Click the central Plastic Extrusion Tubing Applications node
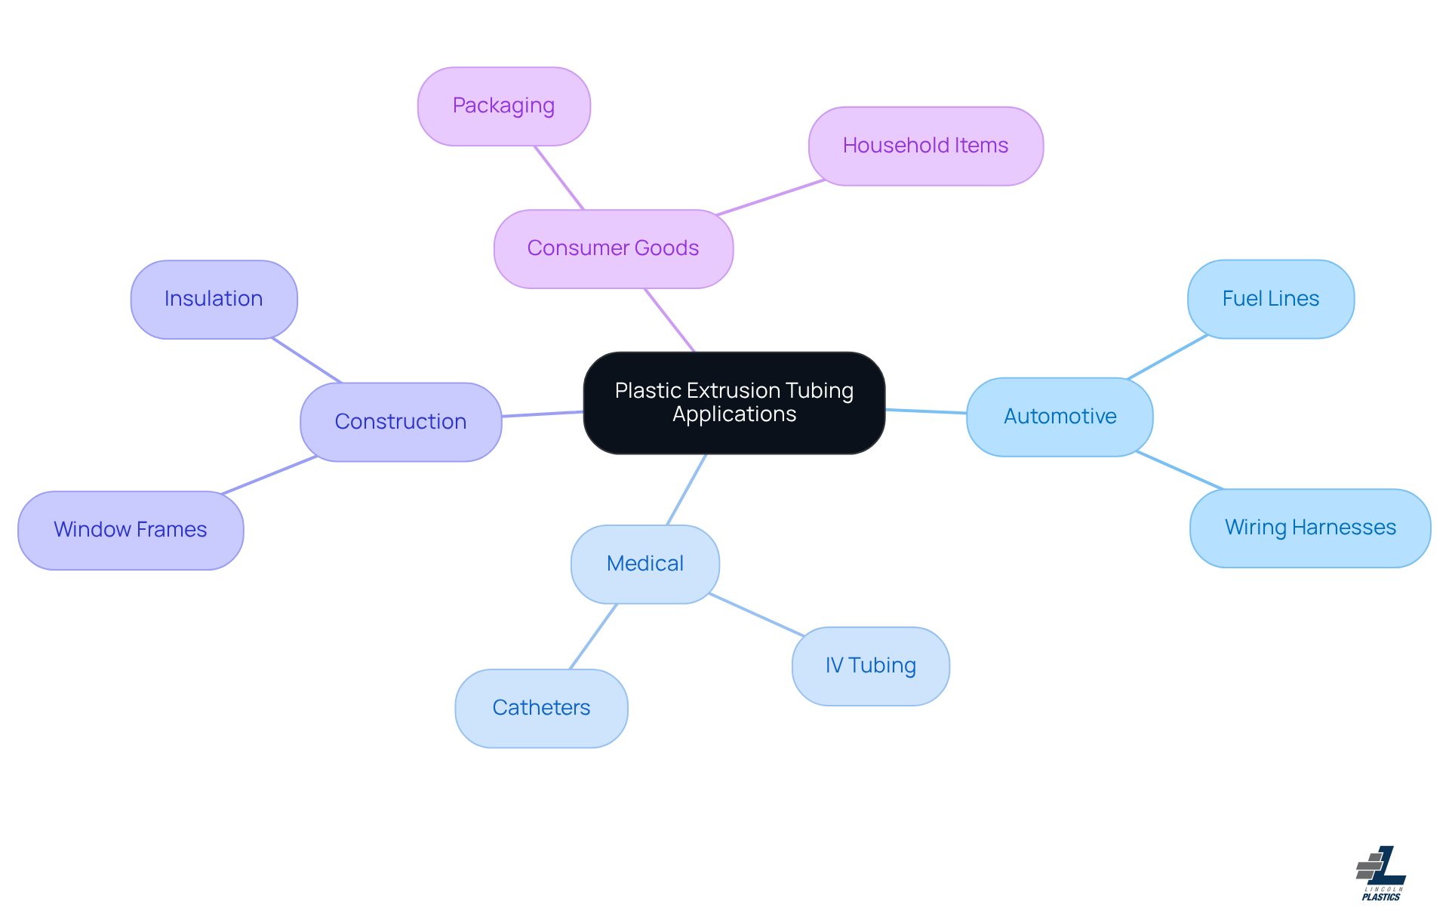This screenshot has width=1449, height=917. (x=734, y=402)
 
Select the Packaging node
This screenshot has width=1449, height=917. (x=503, y=106)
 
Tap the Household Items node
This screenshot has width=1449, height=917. (x=925, y=146)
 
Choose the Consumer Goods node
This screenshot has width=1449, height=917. (x=613, y=248)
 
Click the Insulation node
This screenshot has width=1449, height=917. (x=214, y=299)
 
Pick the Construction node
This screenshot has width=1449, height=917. (x=401, y=421)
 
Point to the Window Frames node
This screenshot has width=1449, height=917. (x=131, y=530)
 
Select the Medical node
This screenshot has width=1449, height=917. (x=645, y=564)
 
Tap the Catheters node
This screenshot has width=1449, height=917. (x=541, y=708)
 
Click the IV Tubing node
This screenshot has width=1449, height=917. (x=870, y=666)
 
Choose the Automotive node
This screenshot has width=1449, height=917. (x=1060, y=417)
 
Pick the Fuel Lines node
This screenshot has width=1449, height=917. (x=1270, y=299)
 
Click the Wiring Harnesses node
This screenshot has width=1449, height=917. (x=1310, y=528)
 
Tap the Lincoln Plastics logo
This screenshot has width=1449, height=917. (x=1381, y=873)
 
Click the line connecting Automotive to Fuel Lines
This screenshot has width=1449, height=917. (x=1167, y=357)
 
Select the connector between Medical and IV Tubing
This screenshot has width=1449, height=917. (x=756, y=614)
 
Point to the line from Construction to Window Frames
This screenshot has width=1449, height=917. (x=269, y=475)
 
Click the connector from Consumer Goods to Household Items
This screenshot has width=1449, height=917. (x=770, y=198)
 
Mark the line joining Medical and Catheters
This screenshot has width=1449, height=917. (x=593, y=636)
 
